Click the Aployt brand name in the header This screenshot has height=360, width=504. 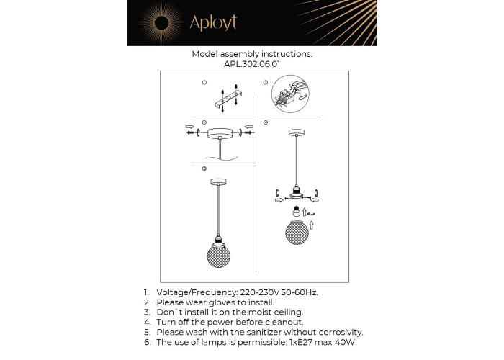213,22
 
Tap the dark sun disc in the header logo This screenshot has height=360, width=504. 162,23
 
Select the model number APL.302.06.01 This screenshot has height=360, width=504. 252,64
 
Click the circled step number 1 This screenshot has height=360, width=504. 204,83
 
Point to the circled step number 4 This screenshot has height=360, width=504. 266,122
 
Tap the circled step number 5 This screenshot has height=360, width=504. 204,168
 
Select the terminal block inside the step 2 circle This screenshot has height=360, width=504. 285,96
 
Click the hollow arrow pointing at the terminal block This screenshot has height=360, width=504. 303,96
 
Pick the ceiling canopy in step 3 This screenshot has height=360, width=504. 220,132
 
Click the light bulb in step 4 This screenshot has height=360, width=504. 297,211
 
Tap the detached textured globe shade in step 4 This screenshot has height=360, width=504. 297,233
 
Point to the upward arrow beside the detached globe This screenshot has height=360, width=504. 311,225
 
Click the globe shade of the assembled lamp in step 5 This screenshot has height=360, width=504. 218,256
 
